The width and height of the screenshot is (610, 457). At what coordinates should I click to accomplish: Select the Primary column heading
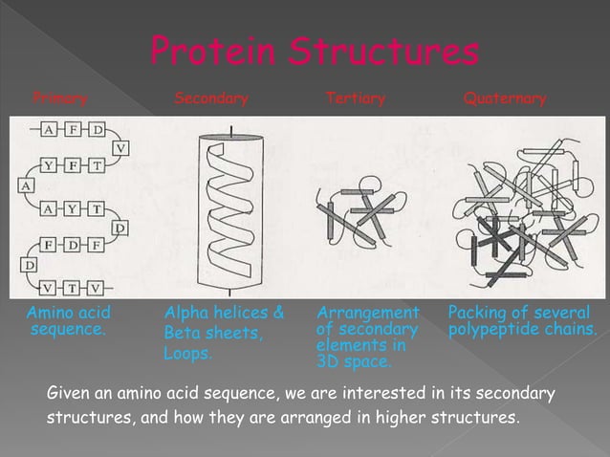(x=60, y=98)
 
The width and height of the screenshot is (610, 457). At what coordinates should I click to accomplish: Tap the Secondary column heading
(x=210, y=98)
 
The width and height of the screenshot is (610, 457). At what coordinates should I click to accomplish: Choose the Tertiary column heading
(x=355, y=98)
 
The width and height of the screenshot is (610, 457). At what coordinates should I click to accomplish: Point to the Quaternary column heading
(x=504, y=98)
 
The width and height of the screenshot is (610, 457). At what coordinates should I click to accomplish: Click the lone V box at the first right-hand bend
(x=120, y=147)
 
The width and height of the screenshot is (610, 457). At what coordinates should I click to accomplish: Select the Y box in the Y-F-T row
(x=48, y=164)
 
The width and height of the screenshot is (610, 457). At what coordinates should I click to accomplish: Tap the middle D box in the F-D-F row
(x=73, y=245)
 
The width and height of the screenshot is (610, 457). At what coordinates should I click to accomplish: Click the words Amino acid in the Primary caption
(x=68, y=313)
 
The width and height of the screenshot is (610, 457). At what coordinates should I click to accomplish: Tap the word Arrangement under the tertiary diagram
(x=367, y=313)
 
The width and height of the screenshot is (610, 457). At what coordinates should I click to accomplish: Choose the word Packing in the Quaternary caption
(x=475, y=313)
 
